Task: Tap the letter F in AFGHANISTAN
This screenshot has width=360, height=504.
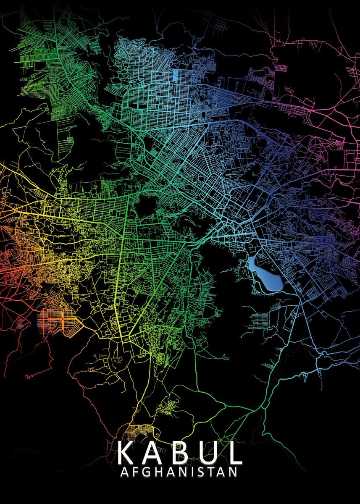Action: pos(135,472)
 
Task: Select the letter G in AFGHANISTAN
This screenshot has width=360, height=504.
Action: pos(146,472)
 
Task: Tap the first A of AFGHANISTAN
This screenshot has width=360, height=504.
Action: pos(124,472)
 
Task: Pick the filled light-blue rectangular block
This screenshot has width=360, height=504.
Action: pos(175,76)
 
